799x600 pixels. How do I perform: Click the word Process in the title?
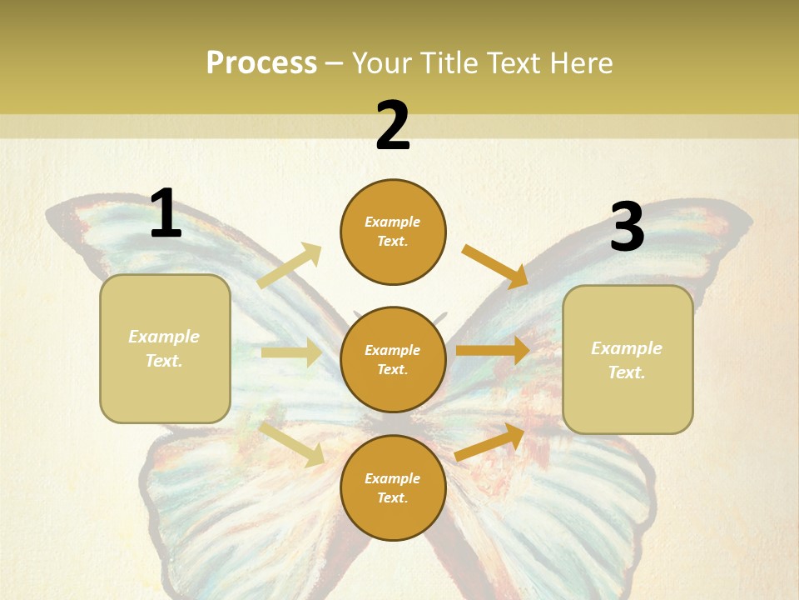[x=261, y=63]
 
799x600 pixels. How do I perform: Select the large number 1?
[x=166, y=213]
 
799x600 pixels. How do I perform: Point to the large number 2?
[x=393, y=126]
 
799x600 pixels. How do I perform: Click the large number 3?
[x=627, y=227]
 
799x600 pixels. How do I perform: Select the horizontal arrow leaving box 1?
[x=291, y=352]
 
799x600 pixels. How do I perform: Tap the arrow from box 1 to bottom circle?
[x=291, y=443]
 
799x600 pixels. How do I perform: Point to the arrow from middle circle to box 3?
[x=492, y=351]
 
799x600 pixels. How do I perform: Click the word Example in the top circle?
[x=393, y=222]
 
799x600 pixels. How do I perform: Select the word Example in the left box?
[x=164, y=337]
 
